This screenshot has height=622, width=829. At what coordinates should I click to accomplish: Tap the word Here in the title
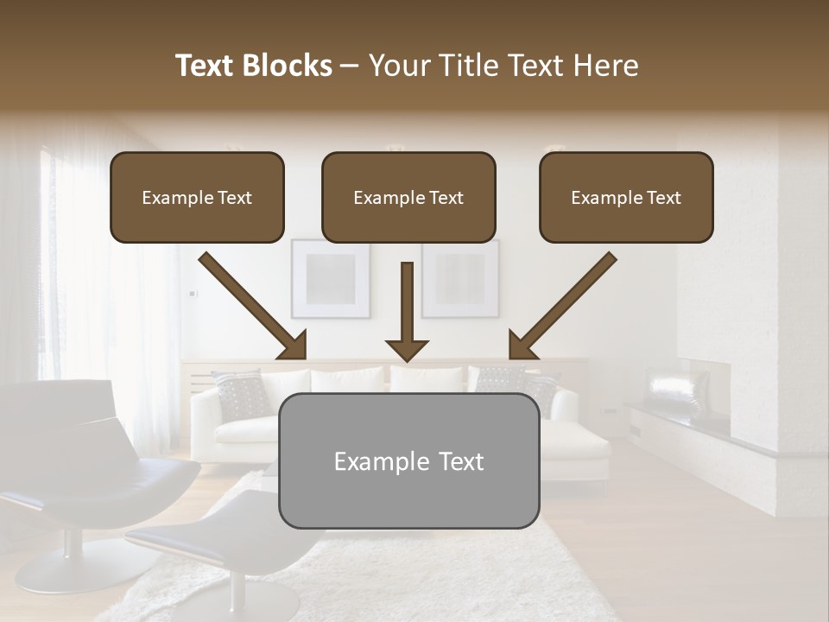click(x=606, y=66)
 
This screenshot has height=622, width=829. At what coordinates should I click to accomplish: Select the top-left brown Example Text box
click(x=197, y=197)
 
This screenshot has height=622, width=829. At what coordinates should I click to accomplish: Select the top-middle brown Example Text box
click(x=408, y=197)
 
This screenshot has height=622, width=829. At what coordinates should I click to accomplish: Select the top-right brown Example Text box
click(x=626, y=197)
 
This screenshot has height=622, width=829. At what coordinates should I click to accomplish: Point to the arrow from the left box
click(x=254, y=306)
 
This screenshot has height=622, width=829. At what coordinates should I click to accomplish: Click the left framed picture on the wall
click(x=331, y=278)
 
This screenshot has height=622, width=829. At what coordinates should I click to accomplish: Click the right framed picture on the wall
click(x=459, y=278)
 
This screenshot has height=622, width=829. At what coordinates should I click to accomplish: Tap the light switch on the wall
click(x=193, y=294)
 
